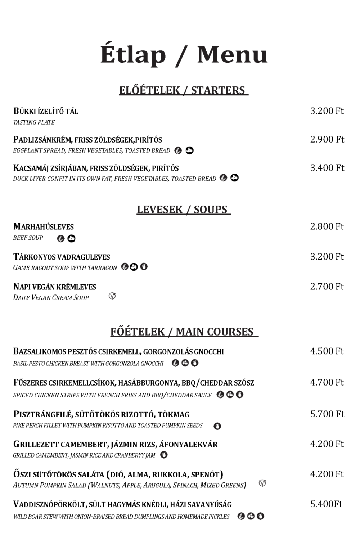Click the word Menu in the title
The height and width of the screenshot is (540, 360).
click(x=232, y=55)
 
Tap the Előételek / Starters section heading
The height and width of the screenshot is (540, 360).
click(x=183, y=90)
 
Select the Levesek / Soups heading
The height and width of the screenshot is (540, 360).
click(x=183, y=210)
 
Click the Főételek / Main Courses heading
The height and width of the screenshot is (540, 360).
click(x=184, y=332)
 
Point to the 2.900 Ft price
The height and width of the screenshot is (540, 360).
click(x=327, y=139)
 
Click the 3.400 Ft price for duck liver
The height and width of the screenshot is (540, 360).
click(x=327, y=168)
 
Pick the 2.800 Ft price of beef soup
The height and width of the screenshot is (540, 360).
click(x=327, y=226)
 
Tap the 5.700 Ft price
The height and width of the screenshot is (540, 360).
click(x=327, y=414)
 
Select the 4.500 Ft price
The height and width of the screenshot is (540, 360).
click(x=327, y=351)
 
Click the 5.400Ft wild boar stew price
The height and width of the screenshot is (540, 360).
click(x=326, y=504)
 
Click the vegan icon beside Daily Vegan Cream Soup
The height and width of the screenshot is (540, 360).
click(x=112, y=296)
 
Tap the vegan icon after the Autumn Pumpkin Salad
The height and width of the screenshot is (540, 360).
click(x=262, y=483)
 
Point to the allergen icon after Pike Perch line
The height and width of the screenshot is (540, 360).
click(x=217, y=426)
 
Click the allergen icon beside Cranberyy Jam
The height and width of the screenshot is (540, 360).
click(x=164, y=455)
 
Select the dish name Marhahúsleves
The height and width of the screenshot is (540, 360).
click(x=44, y=227)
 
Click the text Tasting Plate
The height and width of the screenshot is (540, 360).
click(x=34, y=122)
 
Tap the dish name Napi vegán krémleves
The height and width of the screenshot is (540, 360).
click(x=55, y=287)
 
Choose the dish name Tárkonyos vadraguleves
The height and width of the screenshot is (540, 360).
click(x=62, y=257)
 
